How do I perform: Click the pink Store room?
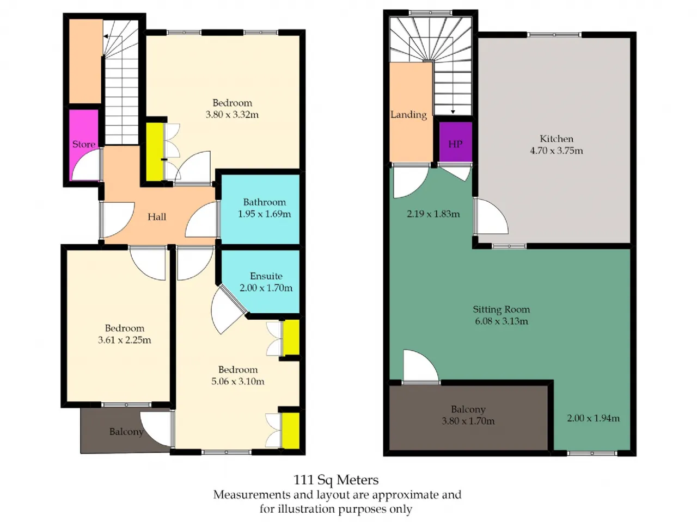[84, 145]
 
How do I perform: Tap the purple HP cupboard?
[455, 142]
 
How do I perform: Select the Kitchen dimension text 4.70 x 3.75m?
[557, 151]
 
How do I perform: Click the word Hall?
[157, 217]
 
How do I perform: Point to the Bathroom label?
[264, 202]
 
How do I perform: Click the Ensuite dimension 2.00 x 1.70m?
[266, 288]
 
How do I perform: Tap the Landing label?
[408, 114]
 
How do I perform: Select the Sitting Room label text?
[502, 309]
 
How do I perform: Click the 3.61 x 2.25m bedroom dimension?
[125, 340]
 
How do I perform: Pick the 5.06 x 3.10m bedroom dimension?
[238, 381]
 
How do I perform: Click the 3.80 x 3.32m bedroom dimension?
[232, 114]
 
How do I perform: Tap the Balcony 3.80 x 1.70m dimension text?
[468, 421]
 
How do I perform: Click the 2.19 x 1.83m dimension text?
[433, 214]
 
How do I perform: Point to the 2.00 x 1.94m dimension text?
[594, 418]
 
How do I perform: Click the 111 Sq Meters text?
[336, 480]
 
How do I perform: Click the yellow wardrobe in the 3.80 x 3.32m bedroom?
[155, 152]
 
